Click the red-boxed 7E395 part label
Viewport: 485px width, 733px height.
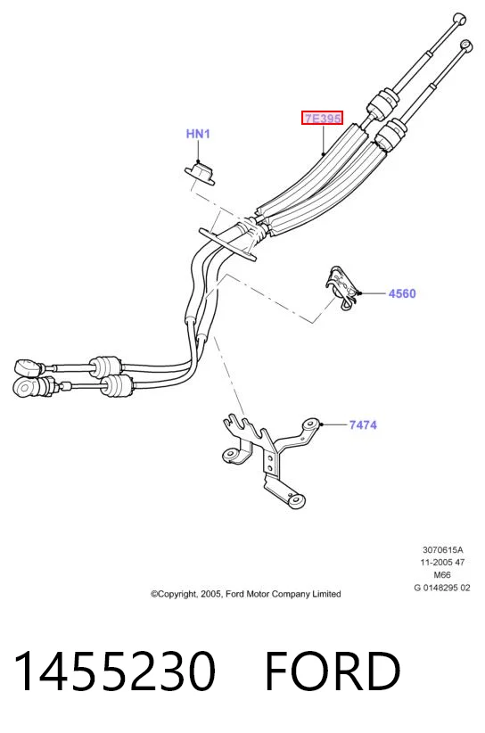[322, 119]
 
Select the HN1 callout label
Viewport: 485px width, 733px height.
[198, 134]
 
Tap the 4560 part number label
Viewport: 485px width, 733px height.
[402, 293]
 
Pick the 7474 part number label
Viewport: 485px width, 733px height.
[363, 425]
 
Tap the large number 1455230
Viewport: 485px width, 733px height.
[115, 671]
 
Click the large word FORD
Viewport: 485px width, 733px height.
[333, 671]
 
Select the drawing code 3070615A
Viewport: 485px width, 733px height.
[442, 549]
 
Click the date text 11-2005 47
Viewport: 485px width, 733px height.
[442, 563]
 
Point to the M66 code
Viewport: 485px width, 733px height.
[442, 575]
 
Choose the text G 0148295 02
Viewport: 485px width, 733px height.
[442, 588]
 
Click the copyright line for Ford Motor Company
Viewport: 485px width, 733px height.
[246, 594]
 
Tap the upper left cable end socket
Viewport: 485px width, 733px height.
[27, 366]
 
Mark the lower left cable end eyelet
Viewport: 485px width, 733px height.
[25, 387]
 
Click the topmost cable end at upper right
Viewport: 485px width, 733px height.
[459, 19]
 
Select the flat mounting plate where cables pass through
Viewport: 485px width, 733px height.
[227, 244]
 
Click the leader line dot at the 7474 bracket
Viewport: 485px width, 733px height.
[322, 424]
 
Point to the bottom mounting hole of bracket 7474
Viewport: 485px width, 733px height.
[296, 500]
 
